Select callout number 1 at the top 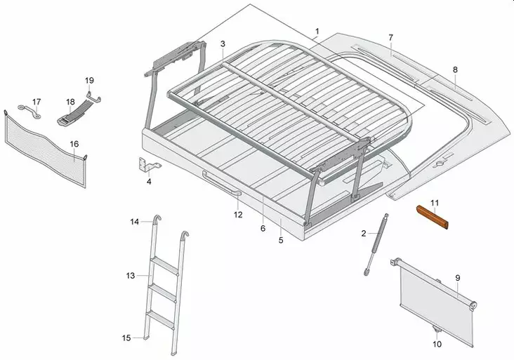tap(317, 32)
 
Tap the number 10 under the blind tap(437, 344)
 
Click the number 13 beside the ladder tap(131, 276)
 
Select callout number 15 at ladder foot tap(126, 338)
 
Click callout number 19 tap(89, 79)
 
